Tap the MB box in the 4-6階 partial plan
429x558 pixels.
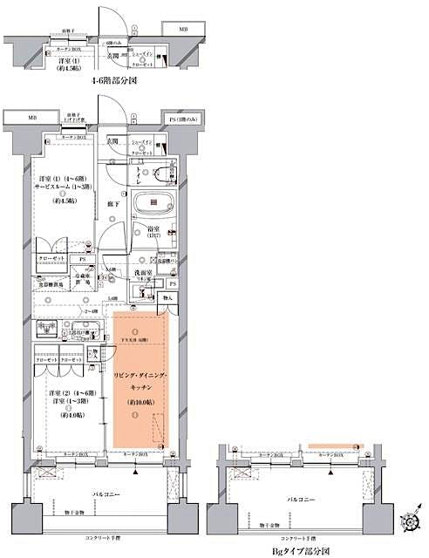coord(183,31)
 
